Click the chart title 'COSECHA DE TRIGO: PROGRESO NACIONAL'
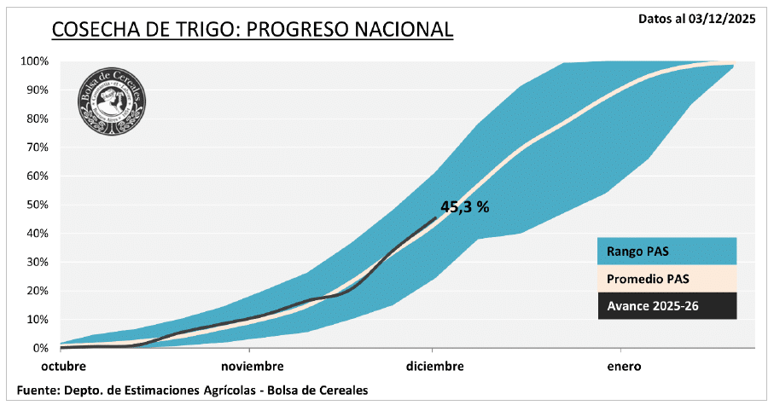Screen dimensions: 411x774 [252, 29]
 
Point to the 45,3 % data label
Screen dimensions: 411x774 [464, 206]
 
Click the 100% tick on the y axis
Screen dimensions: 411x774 [35, 61]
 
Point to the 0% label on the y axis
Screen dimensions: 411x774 [40, 348]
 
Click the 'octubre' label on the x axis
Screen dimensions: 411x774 [64, 367]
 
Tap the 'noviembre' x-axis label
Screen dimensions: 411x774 [252, 367]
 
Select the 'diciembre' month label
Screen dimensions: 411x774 [435, 367]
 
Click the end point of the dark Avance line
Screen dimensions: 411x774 [434, 217]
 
